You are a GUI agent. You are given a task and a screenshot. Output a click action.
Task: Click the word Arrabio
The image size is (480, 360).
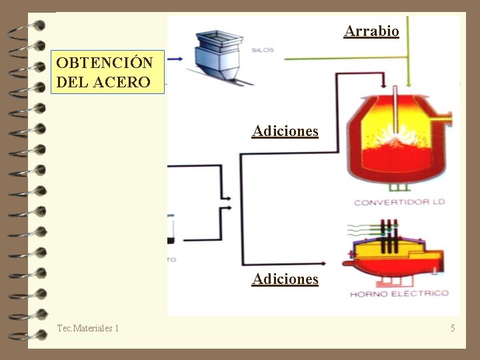(371, 31)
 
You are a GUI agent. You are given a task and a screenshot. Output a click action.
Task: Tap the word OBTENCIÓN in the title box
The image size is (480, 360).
(105, 63)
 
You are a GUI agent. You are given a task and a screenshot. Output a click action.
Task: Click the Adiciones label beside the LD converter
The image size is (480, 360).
(285, 131)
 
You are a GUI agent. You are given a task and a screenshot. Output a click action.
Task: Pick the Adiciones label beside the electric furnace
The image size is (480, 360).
(285, 279)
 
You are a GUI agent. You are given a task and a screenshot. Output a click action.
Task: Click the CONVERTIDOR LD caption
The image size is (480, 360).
(399, 202)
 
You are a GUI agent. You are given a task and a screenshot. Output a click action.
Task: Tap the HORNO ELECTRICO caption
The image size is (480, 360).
(399, 293)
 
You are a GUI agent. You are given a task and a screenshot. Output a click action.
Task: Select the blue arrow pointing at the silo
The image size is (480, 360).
(175, 59)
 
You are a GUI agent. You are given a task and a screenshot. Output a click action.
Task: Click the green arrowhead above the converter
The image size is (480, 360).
(409, 85)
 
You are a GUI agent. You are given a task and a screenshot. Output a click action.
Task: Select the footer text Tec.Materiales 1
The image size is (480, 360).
(88, 328)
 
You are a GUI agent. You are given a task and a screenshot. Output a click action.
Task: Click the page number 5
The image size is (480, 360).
(453, 328)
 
